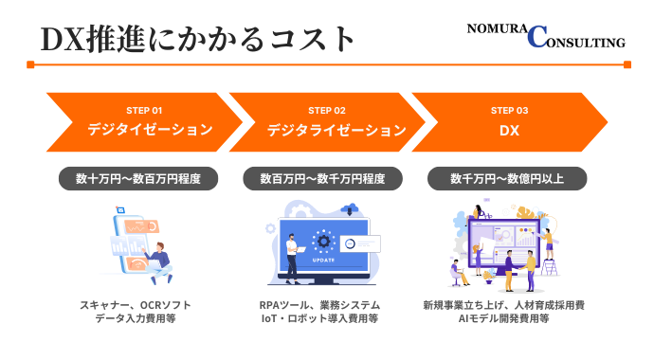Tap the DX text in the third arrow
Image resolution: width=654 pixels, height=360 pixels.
pos(510,131)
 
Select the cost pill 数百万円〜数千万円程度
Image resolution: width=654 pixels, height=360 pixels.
pos(323,178)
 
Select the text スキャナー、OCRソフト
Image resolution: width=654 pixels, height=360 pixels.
pos(139,306)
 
